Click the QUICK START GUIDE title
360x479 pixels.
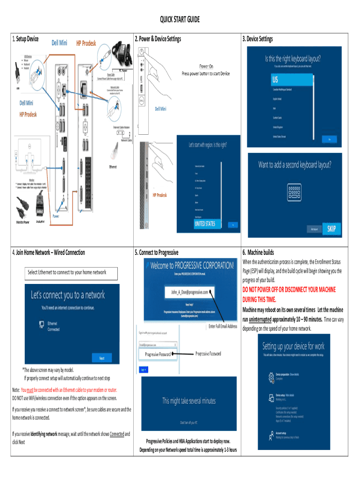pyautogui.click(x=180, y=19)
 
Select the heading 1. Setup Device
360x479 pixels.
pyautogui.click(x=24, y=38)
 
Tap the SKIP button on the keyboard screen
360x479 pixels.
pyautogui.click(x=331, y=229)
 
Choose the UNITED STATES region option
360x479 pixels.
pyautogui.click(x=205, y=224)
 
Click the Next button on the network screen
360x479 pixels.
pyautogui.click(x=101, y=359)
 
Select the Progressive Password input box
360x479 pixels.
pyautogui.click(x=158, y=355)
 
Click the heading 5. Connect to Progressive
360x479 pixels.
pyautogui.click(x=156, y=253)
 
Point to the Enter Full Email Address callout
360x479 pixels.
pyautogui.click(x=223, y=326)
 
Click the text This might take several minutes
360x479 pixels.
pyautogui.click(x=189, y=400)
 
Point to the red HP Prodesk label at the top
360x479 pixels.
pyautogui.click(x=86, y=44)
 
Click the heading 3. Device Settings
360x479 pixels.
pyautogui.click(x=257, y=39)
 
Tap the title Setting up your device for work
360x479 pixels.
pyautogui.click(x=293, y=347)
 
